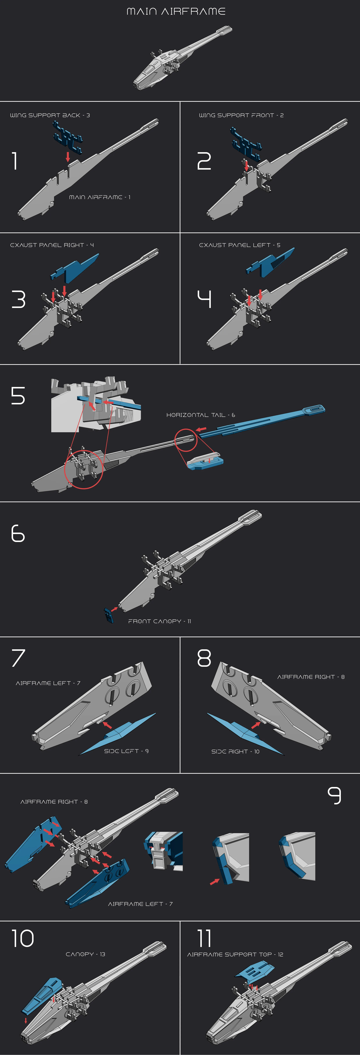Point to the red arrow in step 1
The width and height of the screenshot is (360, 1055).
click(x=68, y=156)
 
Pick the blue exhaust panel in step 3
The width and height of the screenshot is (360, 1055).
click(x=76, y=268)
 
